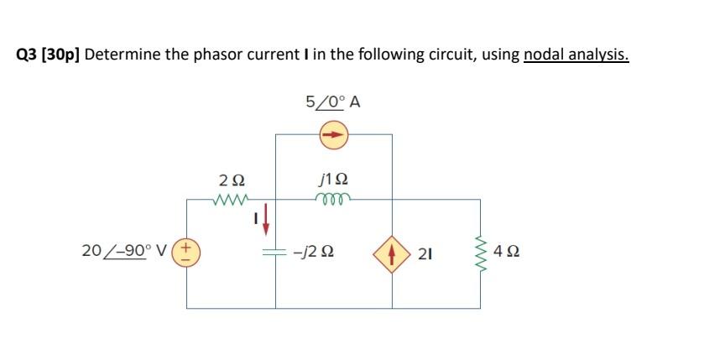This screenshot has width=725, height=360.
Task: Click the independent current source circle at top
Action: tap(334, 133)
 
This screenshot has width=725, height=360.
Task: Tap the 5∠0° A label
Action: tap(333, 103)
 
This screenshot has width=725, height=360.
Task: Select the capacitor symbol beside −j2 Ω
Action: tap(276, 252)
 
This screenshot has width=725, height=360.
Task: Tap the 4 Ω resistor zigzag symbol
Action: tap(481, 252)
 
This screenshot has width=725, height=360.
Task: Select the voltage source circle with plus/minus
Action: tap(186, 252)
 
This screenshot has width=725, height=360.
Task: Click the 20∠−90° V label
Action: tap(124, 251)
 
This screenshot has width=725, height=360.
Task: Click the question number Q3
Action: tap(26, 56)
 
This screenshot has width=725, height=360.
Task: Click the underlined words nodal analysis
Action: tap(576, 56)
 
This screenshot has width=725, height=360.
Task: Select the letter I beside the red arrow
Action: tap(254, 218)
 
